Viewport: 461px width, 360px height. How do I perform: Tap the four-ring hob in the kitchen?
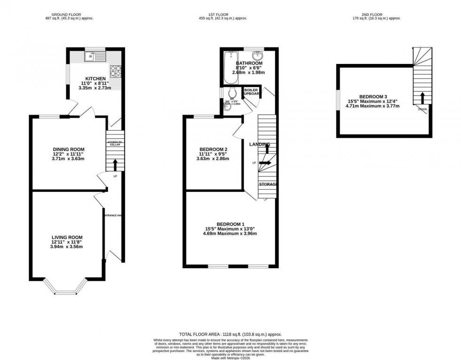[115, 71]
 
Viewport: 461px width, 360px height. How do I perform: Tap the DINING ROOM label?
[68, 150]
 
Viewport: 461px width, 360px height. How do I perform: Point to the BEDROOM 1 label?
[230, 224]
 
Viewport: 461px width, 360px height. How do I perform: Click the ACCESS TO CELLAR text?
[114, 144]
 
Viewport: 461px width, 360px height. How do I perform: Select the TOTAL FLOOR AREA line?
[230, 334]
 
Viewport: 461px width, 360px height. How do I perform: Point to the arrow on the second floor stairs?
[422, 98]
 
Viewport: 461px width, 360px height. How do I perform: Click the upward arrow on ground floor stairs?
[114, 164]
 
